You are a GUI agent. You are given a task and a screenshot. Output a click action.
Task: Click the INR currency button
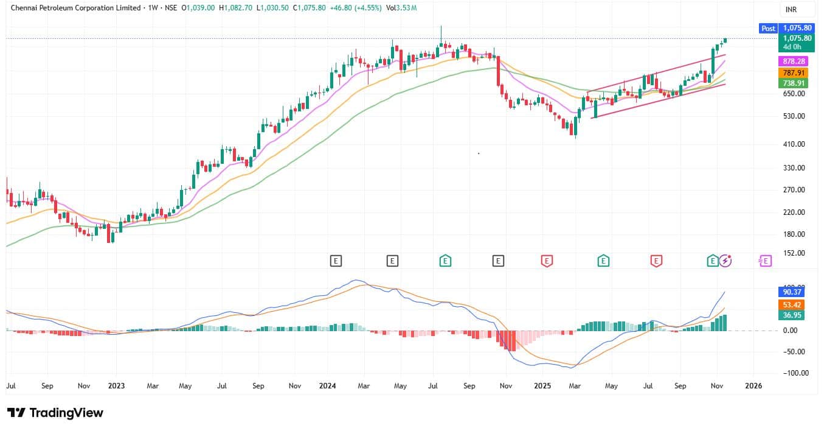(791, 10)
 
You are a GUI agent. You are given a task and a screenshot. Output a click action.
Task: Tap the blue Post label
(768, 28)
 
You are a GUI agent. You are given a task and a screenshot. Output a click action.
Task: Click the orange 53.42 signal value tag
(792, 304)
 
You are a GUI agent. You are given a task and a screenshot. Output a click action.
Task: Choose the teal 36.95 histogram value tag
(792, 315)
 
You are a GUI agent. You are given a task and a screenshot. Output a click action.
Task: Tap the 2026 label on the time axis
(753, 385)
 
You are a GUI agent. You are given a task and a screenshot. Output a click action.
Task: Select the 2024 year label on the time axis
(327, 385)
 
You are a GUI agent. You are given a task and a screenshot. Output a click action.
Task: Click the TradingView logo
(55, 413)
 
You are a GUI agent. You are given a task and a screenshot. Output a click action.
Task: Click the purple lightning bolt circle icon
(725, 261)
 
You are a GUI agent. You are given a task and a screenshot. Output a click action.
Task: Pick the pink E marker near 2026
(765, 261)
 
